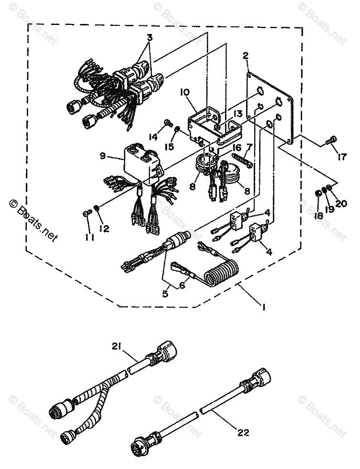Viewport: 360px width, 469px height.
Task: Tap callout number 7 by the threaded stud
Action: coord(249,146)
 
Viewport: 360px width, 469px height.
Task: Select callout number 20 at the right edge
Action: coord(340,203)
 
